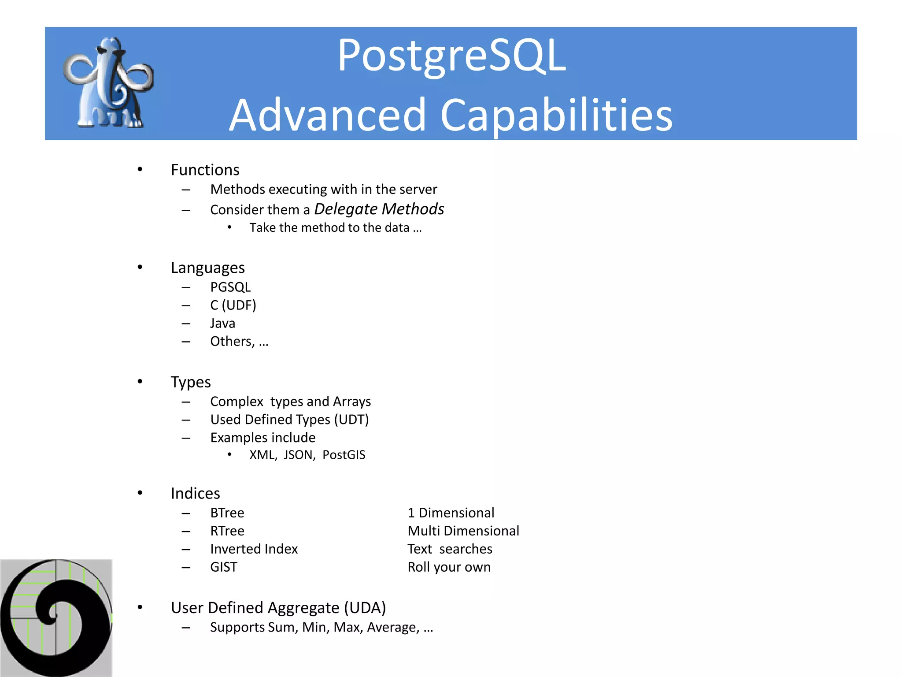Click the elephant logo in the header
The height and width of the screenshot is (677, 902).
(x=109, y=84)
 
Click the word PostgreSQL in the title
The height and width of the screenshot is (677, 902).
(x=451, y=56)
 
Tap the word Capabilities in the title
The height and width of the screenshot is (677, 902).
(x=556, y=115)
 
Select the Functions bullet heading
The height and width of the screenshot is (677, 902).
(x=205, y=170)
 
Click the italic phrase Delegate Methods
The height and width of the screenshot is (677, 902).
(x=379, y=209)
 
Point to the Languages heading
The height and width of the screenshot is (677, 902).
(x=207, y=268)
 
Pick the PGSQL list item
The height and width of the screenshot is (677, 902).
(x=230, y=287)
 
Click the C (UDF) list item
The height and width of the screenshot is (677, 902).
(x=233, y=305)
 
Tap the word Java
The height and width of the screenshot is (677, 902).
(x=222, y=324)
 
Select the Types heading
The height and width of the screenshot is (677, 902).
(x=191, y=382)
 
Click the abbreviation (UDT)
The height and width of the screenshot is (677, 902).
(x=351, y=420)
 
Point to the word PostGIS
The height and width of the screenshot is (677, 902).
(x=344, y=455)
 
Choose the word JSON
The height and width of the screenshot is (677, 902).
(x=298, y=455)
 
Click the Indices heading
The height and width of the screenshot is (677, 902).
(x=195, y=494)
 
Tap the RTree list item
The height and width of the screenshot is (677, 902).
(x=227, y=531)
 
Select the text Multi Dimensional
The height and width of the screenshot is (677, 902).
(x=463, y=531)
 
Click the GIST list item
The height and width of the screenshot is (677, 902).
(x=223, y=567)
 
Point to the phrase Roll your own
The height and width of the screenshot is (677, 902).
(x=449, y=567)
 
